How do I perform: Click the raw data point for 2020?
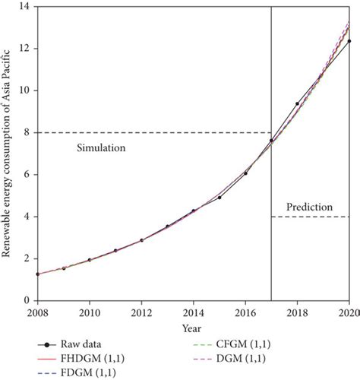click(349, 41)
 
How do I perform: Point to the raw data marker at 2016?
click(245, 173)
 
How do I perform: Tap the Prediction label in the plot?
click(310, 207)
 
